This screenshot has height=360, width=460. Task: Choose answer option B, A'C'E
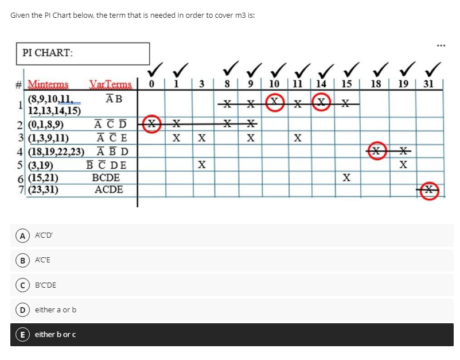[x=42, y=260]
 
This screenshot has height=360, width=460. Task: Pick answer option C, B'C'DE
[x=45, y=285]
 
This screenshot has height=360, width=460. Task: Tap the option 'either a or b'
[x=56, y=309]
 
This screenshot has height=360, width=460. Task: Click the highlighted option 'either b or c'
[x=56, y=334]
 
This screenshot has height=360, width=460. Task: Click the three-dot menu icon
[x=440, y=44]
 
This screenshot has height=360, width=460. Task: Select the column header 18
[x=376, y=84]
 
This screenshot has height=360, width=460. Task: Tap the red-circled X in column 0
[x=151, y=124]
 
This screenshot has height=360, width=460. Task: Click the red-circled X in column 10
[x=274, y=104]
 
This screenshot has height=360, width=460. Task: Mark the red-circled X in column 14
[x=321, y=104]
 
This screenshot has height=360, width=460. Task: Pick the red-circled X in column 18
[x=377, y=151]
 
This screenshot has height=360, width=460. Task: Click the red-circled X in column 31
[x=428, y=191]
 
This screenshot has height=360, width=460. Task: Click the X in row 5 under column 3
[x=201, y=165]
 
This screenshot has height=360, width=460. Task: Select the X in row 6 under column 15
[x=346, y=178]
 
